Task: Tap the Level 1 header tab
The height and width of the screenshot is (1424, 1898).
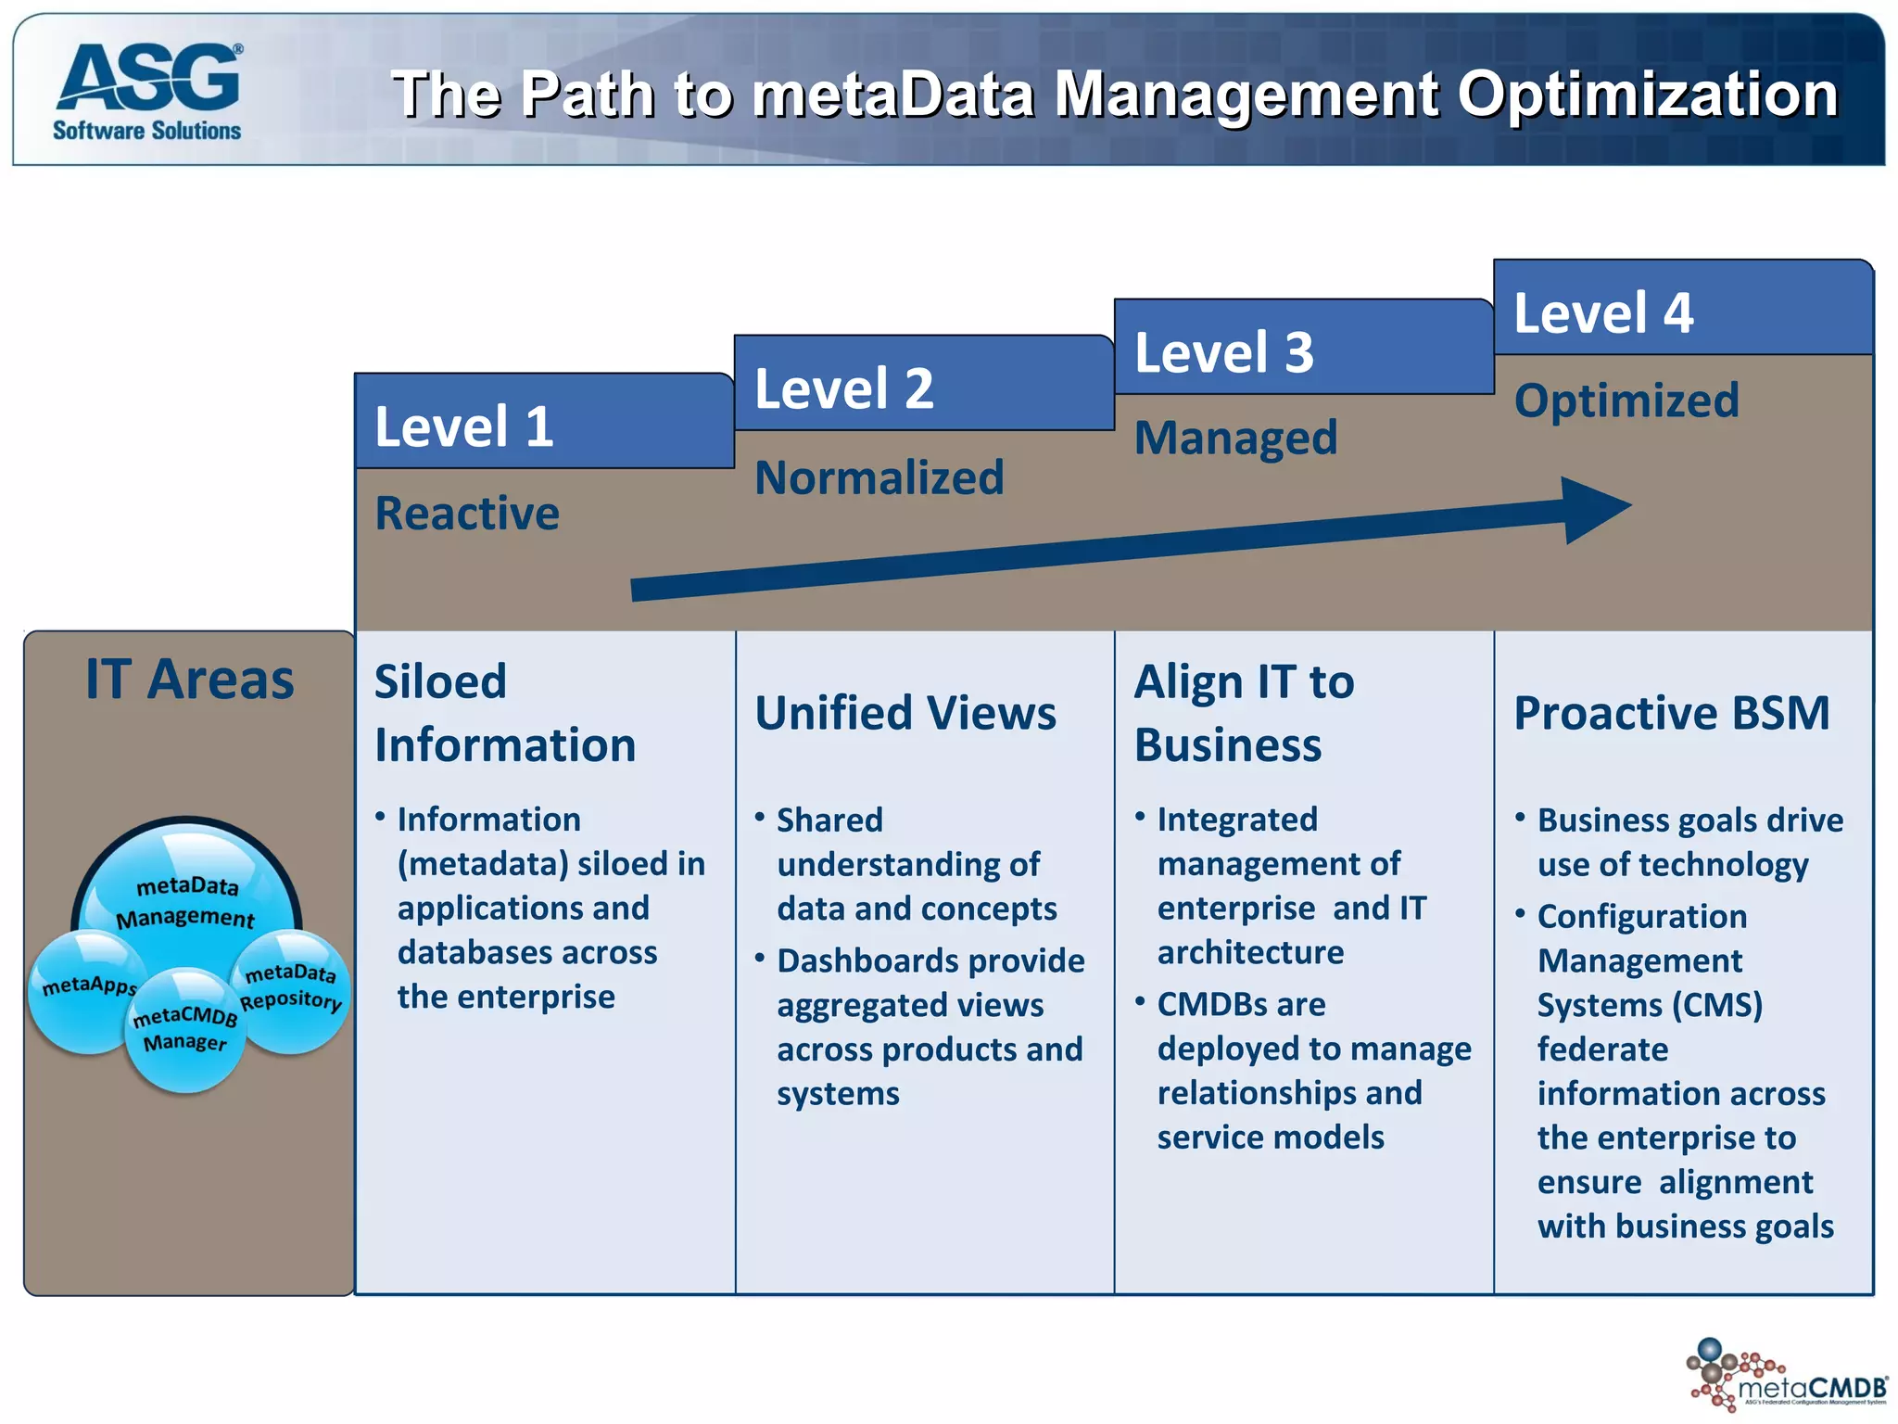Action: point(544,423)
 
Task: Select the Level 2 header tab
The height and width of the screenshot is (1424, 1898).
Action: point(923,385)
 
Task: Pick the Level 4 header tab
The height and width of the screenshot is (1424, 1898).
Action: point(1682,310)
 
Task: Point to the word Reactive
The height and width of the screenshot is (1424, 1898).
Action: point(467,514)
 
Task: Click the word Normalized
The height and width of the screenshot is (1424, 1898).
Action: point(879,478)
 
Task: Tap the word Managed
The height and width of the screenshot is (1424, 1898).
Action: point(1235,438)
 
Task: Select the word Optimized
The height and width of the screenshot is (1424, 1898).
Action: point(1626,400)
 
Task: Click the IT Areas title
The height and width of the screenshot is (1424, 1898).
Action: point(189,680)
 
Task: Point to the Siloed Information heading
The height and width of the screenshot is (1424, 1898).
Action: point(505,713)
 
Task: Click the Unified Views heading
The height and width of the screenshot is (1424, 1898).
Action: point(905,713)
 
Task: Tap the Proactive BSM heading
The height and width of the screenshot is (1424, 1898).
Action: point(1671,713)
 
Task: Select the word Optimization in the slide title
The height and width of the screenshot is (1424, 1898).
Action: point(1647,94)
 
